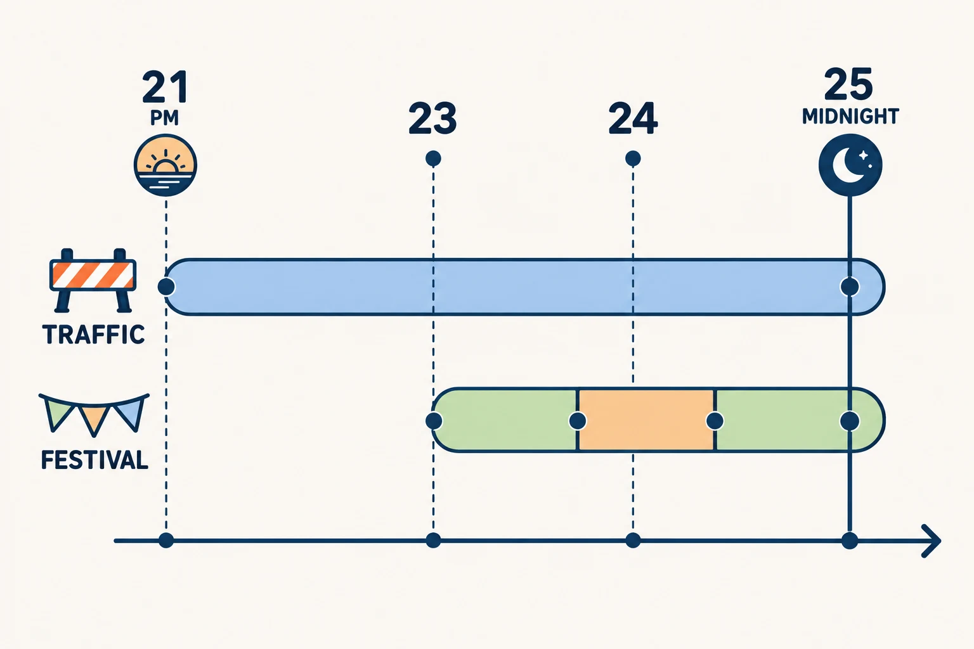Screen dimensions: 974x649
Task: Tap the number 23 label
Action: tap(432, 118)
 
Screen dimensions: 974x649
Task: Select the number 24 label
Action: tap(633, 118)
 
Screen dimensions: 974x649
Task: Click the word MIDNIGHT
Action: tap(850, 117)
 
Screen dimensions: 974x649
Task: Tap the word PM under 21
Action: tap(164, 117)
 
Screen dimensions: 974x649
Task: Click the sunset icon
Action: tap(166, 165)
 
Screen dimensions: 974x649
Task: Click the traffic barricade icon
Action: tap(93, 280)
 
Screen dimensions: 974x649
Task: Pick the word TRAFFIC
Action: tap(93, 334)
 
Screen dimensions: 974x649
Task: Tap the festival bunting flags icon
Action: tap(94, 414)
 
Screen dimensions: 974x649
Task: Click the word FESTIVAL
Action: tap(94, 460)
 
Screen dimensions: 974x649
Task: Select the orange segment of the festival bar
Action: tap(646, 420)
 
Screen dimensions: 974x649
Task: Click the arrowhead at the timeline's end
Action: tap(932, 541)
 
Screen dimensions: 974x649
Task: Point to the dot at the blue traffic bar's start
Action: tap(166, 287)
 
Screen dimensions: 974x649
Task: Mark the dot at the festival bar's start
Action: tap(434, 421)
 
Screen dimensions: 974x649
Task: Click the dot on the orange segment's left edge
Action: tap(578, 421)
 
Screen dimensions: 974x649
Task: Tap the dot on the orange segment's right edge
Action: tap(715, 421)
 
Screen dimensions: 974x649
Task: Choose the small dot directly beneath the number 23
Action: tap(433, 158)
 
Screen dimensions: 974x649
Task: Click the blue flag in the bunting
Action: tap(131, 413)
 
